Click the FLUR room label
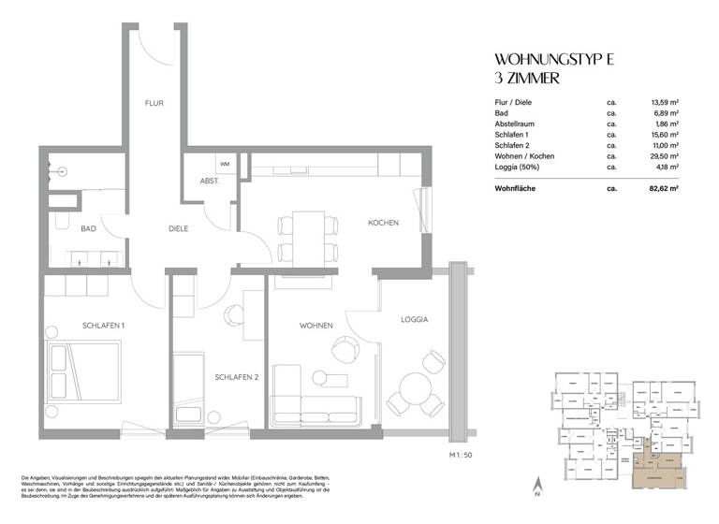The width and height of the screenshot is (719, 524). pyautogui.click(x=154, y=105)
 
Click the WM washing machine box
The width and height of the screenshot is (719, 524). pyautogui.click(x=225, y=164)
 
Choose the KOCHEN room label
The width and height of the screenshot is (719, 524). pyautogui.click(x=384, y=223)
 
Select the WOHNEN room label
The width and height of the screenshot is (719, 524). pyautogui.click(x=316, y=325)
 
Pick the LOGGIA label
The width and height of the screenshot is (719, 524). pyautogui.click(x=412, y=320)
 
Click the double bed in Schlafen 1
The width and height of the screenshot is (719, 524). pyautogui.click(x=84, y=371)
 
